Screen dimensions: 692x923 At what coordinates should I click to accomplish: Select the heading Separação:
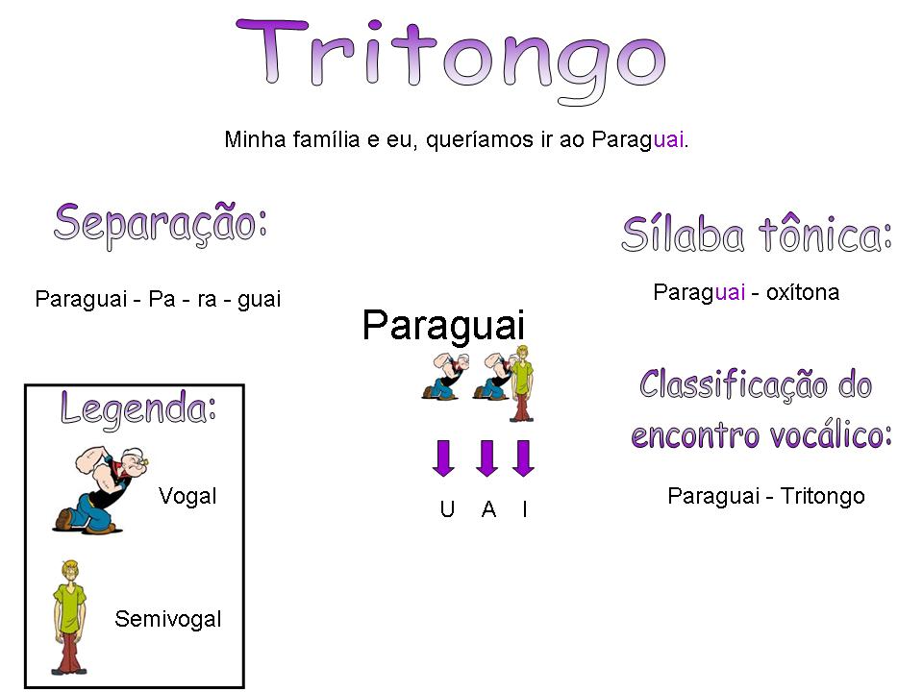pyautogui.click(x=160, y=222)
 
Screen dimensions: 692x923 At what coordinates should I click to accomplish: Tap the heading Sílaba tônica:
pyautogui.click(x=757, y=234)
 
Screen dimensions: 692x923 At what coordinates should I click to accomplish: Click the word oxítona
pyautogui.click(x=802, y=292)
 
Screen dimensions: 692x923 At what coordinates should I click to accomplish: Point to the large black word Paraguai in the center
pyautogui.click(x=443, y=325)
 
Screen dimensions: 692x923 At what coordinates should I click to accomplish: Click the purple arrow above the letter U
pyautogui.click(x=443, y=458)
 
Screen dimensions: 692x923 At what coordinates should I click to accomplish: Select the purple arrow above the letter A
pyautogui.click(x=487, y=458)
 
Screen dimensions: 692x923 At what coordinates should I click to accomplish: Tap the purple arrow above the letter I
pyautogui.click(x=523, y=458)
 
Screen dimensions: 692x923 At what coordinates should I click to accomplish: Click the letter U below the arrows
pyautogui.click(x=447, y=510)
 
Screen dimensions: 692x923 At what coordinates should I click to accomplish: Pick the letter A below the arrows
pyautogui.click(x=488, y=510)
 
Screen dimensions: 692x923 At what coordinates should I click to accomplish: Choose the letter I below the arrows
pyautogui.click(x=524, y=510)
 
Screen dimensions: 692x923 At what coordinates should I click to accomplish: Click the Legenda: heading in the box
pyautogui.click(x=137, y=408)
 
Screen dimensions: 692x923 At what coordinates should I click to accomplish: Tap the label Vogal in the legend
pyautogui.click(x=187, y=496)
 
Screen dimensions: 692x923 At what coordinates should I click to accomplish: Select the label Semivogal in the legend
pyautogui.click(x=167, y=619)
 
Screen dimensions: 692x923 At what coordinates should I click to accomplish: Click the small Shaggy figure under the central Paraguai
pyautogui.click(x=521, y=383)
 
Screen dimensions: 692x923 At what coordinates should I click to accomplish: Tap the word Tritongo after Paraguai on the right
pyautogui.click(x=822, y=496)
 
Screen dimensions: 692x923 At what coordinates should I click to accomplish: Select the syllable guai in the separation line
pyautogui.click(x=259, y=299)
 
